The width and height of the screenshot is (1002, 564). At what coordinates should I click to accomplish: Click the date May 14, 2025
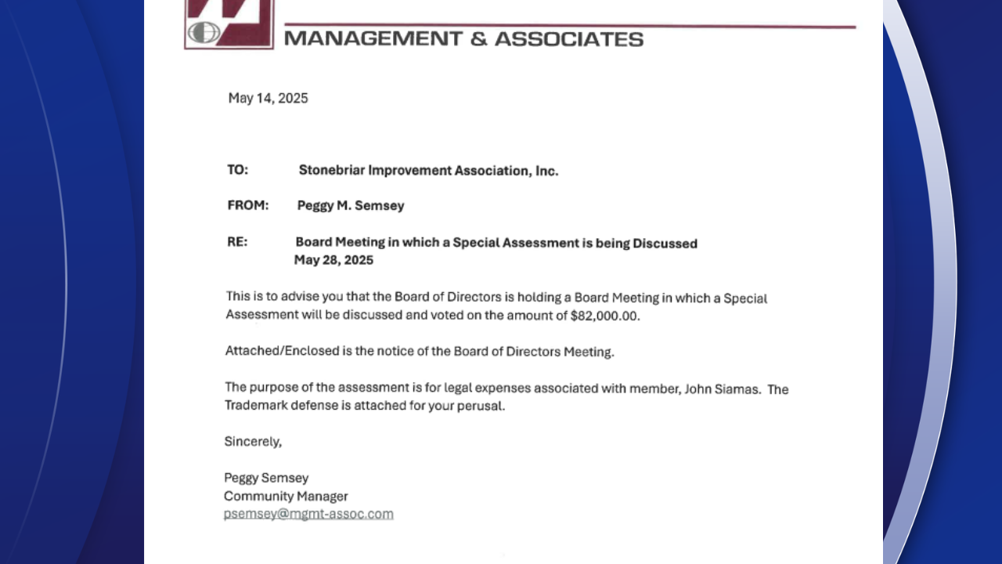point(268,99)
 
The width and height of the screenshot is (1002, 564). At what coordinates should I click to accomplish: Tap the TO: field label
point(238,170)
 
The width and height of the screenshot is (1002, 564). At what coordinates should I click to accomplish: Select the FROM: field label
point(248,205)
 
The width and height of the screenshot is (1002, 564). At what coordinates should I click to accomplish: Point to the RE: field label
point(237,242)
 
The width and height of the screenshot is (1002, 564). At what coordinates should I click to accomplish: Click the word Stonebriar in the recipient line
point(331,170)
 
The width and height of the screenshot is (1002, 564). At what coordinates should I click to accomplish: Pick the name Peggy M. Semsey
point(351,205)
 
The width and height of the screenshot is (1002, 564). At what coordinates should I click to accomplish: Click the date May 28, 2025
point(333,260)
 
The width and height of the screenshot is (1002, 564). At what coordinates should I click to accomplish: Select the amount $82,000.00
point(604,316)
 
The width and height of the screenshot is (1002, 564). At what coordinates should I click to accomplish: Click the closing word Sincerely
point(252,441)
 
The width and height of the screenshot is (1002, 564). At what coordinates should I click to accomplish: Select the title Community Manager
point(286,496)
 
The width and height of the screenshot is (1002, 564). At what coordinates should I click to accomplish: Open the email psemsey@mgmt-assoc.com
point(308,514)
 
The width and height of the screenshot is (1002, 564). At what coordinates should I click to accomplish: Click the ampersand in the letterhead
point(478,38)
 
